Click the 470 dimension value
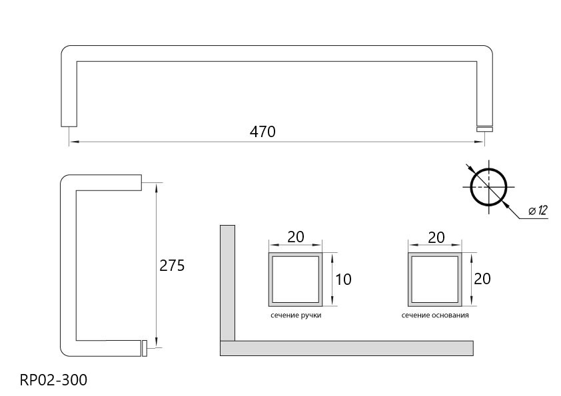[263, 132]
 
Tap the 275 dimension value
[172, 266]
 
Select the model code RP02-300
[53, 380]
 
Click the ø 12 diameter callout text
[538, 211]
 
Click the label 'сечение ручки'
[296, 315]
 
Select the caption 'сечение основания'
[435, 315]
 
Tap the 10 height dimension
[343, 279]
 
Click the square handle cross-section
[296, 254]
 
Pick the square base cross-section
[435, 254]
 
